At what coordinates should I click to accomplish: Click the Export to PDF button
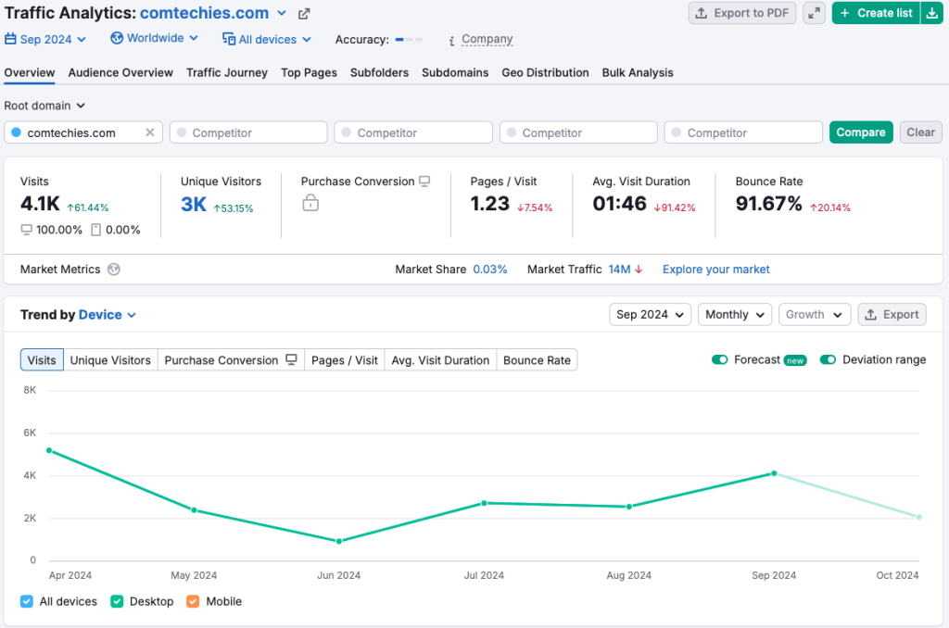click(x=741, y=13)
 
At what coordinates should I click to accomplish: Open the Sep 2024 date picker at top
click(x=45, y=39)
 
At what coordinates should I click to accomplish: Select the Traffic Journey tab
click(x=226, y=72)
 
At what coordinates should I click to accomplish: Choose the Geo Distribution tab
click(x=545, y=72)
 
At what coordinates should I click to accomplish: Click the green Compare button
click(x=861, y=132)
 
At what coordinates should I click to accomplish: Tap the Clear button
click(x=920, y=132)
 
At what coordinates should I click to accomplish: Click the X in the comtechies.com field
click(x=150, y=132)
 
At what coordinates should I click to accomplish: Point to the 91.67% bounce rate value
click(x=768, y=204)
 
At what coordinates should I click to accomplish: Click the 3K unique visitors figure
click(x=194, y=205)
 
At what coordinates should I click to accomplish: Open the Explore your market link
click(x=715, y=270)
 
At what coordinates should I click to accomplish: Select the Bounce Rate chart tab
click(x=537, y=360)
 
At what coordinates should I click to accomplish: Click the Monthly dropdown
click(x=734, y=315)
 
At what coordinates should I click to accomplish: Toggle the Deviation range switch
click(x=828, y=359)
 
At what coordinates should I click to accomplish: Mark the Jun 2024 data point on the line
click(x=339, y=541)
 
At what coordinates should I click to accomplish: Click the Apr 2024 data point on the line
click(x=49, y=450)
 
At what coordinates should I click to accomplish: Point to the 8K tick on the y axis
click(x=29, y=390)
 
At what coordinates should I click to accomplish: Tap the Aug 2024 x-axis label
click(x=628, y=575)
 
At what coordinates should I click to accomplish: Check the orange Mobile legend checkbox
click(x=193, y=601)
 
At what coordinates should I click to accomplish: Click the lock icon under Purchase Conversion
click(x=310, y=203)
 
